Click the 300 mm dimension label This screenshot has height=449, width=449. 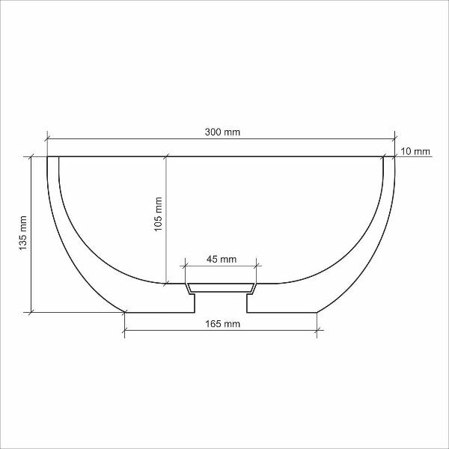(x=222, y=132)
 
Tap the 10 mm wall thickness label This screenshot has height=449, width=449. (x=415, y=151)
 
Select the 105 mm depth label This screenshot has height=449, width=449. (x=158, y=214)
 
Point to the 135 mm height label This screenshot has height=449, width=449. (x=22, y=233)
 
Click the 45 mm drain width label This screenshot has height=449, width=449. (x=222, y=259)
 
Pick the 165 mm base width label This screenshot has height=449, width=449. (x=222, y=324)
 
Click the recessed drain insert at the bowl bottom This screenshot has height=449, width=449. (x=221, y=288)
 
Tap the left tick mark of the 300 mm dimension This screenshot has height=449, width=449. (x=47, y=139)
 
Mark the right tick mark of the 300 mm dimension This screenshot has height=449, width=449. (x=394, y=139)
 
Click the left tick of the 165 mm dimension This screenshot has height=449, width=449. (x=124, y=331)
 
